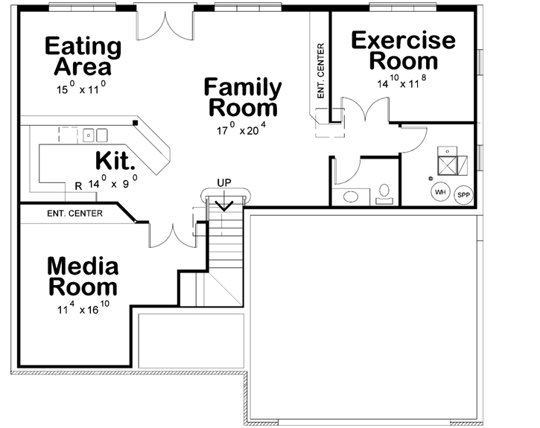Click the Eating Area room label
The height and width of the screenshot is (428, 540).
(83, 57)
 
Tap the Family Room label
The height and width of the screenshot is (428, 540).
(244, 98)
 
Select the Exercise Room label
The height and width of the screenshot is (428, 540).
(403, 50)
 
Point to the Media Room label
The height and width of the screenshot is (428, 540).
(82, 276)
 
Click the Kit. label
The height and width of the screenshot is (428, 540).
(115, 161)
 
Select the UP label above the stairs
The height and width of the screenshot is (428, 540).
(224, 182)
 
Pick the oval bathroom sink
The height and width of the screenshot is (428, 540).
(349, 197)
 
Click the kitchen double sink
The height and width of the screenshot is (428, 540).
(95, 135)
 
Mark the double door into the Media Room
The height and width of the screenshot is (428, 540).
(172, 234)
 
